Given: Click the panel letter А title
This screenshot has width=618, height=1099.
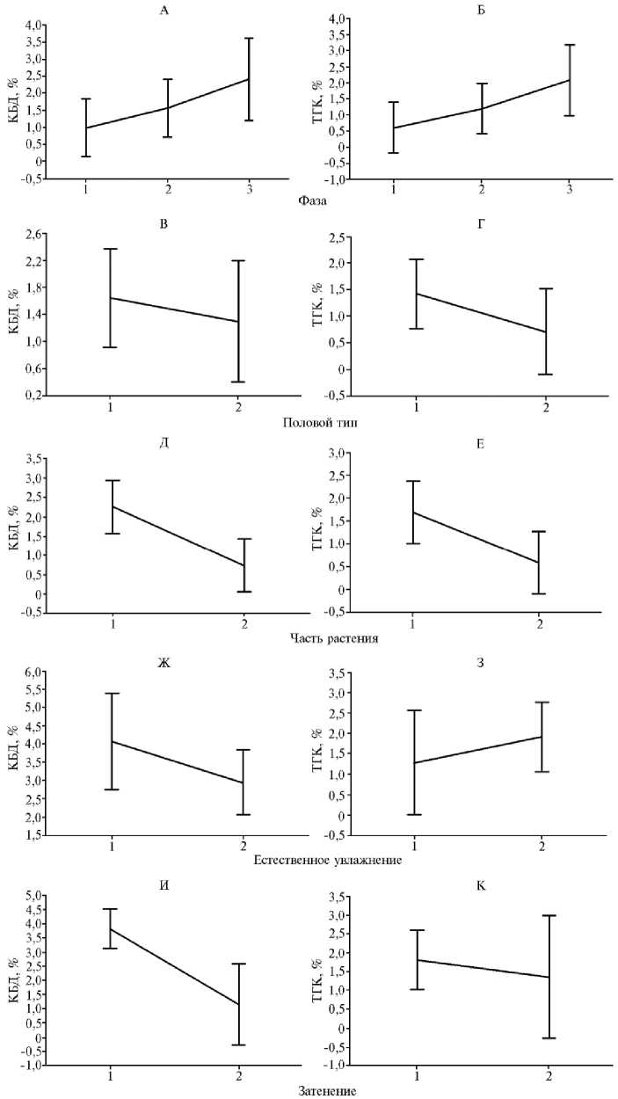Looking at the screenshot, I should [164, 10].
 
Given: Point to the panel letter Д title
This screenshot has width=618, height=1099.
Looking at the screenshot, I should [164, 441].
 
